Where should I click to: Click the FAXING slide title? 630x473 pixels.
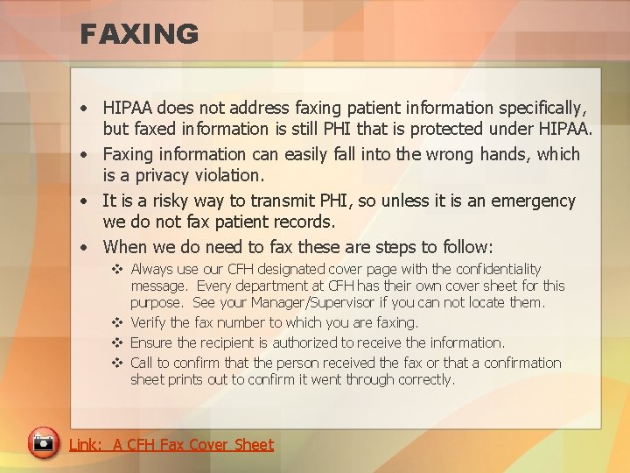[x=139, y=34]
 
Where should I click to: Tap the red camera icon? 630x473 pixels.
[x=42, y=443]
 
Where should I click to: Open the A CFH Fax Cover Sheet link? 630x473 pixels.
[x=171, y=445]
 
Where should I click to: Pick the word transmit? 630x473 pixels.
[x=269, y=201]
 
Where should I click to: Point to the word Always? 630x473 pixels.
[x=152, y=270]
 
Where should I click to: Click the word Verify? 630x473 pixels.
[x=148, y=323]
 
